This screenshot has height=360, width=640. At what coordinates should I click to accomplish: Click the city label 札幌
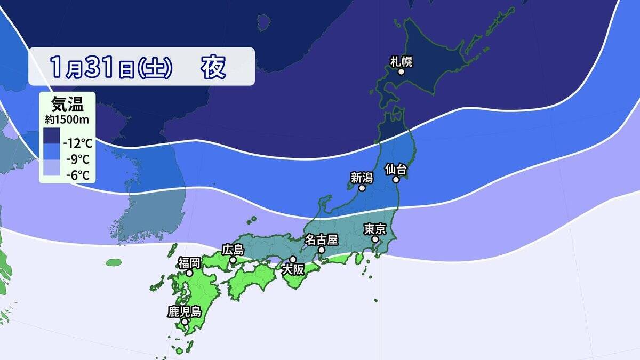coord(401,61)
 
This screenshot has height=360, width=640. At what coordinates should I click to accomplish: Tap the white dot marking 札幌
coord(401,71)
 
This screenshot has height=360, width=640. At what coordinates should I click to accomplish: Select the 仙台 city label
coord(396,170)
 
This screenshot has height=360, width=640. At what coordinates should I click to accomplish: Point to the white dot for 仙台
coord(397,180)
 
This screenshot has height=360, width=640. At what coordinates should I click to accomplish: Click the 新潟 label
coord(361,178)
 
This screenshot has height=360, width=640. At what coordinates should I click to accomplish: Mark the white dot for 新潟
coord(362,188)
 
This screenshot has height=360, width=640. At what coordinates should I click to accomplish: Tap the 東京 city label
coord(374,229)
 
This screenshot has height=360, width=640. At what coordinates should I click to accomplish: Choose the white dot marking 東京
coord(375,239)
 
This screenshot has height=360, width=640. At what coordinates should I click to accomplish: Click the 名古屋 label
coord(321,239)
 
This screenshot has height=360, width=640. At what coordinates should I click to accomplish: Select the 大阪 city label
coord(292,269)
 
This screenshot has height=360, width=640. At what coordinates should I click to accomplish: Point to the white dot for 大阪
coord(292,259)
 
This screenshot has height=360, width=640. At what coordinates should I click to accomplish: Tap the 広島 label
coord(233,250)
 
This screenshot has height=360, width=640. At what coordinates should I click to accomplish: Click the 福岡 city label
coord(189,262)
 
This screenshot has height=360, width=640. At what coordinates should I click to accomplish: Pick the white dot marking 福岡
coord(189,273)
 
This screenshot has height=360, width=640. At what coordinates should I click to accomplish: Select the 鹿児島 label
coord(184,311)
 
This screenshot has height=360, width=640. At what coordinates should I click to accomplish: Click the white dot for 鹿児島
coord(184,322)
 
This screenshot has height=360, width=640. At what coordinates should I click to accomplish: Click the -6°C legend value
coord(77,174)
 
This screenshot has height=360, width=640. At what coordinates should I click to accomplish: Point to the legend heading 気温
coord(63,103)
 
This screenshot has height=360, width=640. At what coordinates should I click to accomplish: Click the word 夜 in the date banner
coord(213,67)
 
